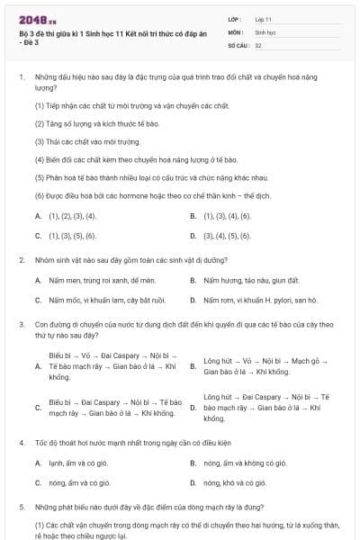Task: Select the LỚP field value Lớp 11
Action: coord(263,19)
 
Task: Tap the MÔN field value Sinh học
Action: coord(264,31)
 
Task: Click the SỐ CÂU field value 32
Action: coord(258,44)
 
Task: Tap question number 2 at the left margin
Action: coord(21,259)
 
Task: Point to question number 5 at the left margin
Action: coord(21,507)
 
